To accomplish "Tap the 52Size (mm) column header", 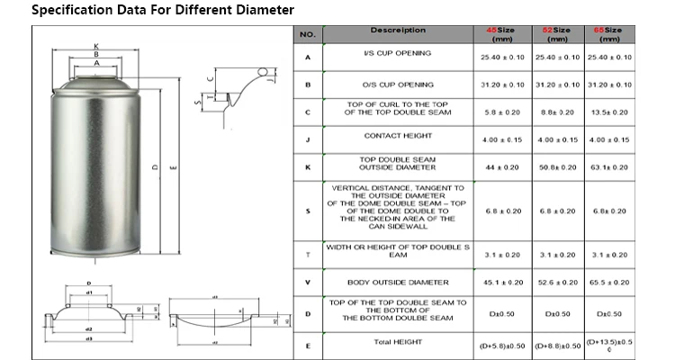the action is (x=557, y=34).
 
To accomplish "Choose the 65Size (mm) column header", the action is (x=608, y=34).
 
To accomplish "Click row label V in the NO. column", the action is (x=308, y=282).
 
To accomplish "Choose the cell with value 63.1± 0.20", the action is (x=608, y=167).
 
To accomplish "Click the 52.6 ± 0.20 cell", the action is (x=557, y=283).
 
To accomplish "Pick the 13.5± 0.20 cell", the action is (x=608, y=112).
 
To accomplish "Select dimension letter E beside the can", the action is (x=173, y=167).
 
